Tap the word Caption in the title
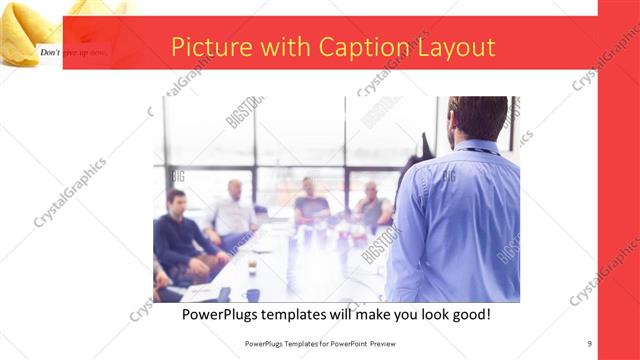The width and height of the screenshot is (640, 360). (365, 48)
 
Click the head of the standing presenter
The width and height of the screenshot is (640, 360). (478, 118)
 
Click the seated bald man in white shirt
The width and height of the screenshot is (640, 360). (234, 211)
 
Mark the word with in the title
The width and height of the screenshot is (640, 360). (288, 48)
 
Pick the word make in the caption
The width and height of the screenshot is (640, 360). (364, 315)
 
